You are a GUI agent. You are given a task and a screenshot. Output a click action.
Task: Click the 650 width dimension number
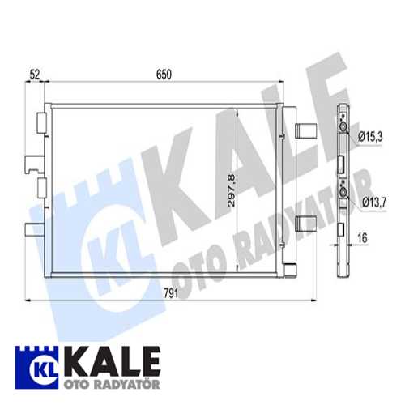pos(164,74)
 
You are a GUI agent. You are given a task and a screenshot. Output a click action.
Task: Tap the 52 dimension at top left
pos(34,74)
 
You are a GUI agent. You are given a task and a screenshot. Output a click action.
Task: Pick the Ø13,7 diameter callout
pos(370,201)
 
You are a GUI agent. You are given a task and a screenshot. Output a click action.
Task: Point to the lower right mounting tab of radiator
pos(306,224)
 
